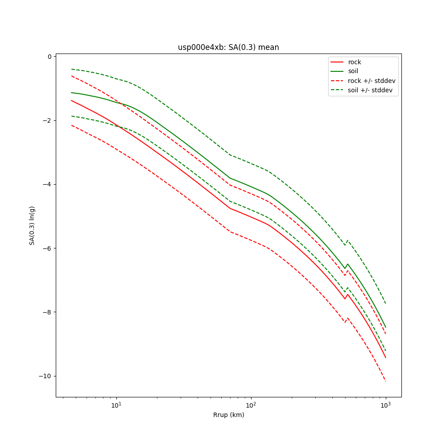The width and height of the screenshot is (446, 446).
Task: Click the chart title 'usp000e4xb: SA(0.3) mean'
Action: click(228, 47)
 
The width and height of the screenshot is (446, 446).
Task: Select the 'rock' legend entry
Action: click(355, 62)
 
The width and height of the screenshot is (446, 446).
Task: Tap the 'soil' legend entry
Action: click(353, 71)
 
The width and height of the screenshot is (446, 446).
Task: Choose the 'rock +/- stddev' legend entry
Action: click(372, 81)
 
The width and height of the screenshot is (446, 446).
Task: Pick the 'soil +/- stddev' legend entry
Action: click(371, 90)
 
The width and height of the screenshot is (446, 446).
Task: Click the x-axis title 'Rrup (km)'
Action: click(228, 415)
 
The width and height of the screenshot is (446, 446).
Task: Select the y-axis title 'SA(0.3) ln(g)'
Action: click(32, 225)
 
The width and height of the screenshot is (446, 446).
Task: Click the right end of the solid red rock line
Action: click(386, 358)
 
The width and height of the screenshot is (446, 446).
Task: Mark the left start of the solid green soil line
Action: click(71, 93)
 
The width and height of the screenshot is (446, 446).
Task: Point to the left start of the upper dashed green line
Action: click(71, 69)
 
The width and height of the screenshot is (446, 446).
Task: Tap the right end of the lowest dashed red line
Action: click(386, 381)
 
